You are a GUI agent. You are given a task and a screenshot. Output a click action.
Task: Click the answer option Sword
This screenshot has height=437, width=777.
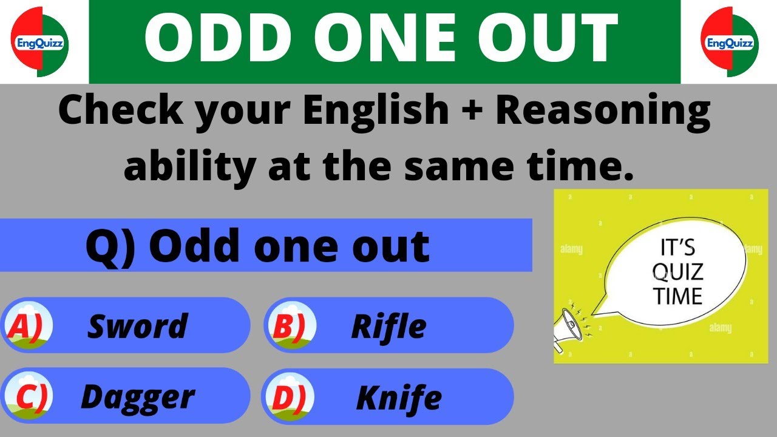click(x=138, y=326)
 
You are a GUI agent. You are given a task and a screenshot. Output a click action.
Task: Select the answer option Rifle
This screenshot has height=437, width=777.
click(x=388, y=327)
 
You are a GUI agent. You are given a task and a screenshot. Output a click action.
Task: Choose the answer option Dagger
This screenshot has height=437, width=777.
click(x=138, y=397)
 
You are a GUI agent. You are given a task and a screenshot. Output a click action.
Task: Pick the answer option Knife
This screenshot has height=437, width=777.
click(x=398, y=398)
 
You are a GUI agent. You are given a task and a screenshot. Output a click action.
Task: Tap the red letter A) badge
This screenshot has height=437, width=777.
click(x=26, y=327)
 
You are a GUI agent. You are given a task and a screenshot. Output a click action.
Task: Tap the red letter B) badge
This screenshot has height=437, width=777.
click(x=290, y=327)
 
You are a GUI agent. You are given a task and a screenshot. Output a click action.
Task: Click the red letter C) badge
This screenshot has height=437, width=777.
click(x=28, y=397)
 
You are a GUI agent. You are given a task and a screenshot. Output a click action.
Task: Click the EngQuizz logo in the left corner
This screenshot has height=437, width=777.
click(x=40, y=42)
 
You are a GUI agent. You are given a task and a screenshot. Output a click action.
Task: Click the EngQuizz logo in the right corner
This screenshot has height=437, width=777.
click(x=730, y=42)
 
